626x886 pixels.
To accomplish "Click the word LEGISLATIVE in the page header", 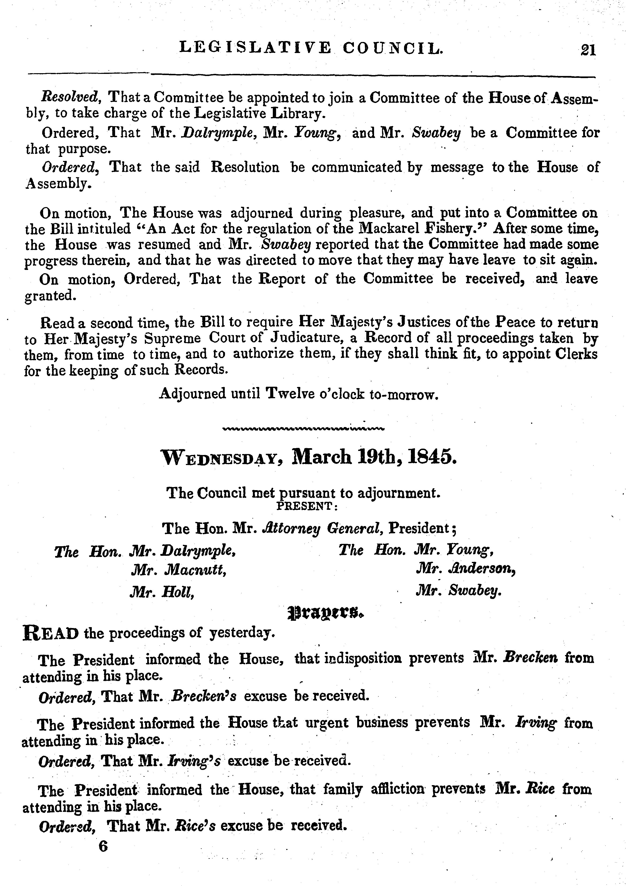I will coord(255,48).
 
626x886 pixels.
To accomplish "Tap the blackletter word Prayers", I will coord(326,612).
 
